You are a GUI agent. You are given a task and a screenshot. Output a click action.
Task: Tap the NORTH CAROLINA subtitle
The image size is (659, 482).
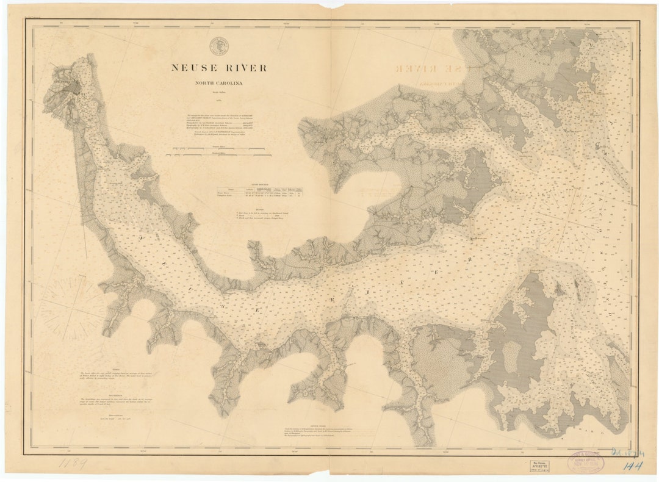tap(218, 83)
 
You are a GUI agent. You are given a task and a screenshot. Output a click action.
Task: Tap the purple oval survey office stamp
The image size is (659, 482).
tap(585, 462)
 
